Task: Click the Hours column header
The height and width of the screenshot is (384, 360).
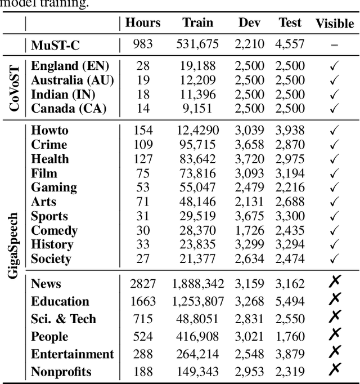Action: tap(142, 23)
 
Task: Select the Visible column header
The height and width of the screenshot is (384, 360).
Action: tap(334, 24)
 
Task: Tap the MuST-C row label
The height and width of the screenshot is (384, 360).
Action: tap(55, 44)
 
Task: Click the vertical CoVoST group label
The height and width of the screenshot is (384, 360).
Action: tap(15, 87)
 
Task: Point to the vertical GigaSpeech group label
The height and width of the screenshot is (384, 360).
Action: tap(15, 245)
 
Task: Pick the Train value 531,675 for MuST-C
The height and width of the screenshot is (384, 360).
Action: tap(197, 44)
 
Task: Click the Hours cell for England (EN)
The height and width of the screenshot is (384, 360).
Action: tap(142, 65)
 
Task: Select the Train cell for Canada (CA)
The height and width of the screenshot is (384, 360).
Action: tap(197, 108)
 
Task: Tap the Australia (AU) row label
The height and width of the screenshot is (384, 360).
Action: tap(72, 80)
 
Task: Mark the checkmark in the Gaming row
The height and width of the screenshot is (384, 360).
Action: tap(334, 187)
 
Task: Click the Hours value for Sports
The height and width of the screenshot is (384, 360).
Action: tap(142, 216)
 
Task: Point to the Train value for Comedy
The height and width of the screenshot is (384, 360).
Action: tap(197, 230)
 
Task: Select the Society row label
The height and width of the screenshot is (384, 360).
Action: tap(51, 259)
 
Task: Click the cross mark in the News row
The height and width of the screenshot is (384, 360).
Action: tap(334, 283)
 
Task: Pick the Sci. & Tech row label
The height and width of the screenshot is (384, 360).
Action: tap(63, 319)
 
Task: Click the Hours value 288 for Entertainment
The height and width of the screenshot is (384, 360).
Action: tap(142, 354)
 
